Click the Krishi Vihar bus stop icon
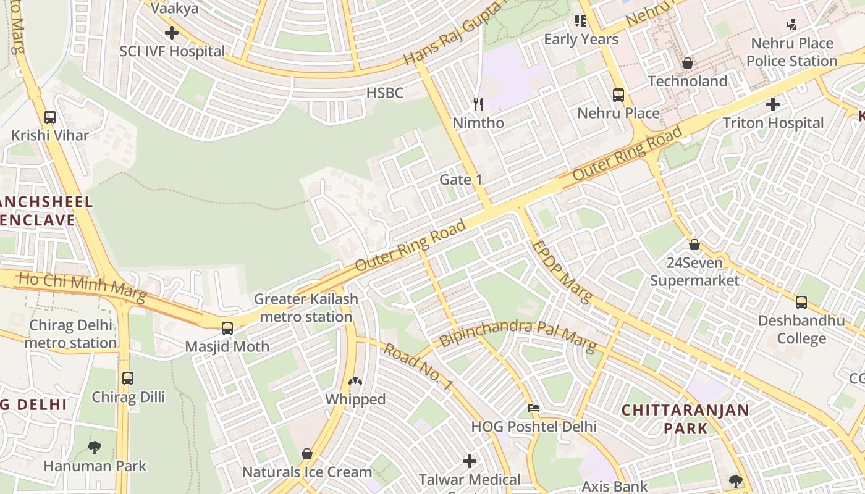coord(50,117)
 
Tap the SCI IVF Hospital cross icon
coord(172,33)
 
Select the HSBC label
coord(384,93)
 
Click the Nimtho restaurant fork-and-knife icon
coord(478,104)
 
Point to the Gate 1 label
coord(460,180)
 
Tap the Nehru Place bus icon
coord(618,95)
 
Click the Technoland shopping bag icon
coord(687,63)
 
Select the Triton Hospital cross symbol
coord(772,104)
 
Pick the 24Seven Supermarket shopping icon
coord(694,245)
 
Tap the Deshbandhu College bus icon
coord(801,303)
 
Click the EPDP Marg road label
coord(561,271)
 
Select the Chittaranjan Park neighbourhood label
coord(685,419)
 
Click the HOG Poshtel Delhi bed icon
coord(534,408)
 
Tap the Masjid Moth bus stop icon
coord(227,328)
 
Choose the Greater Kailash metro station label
coord(306,308)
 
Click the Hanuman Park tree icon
coord(95,447)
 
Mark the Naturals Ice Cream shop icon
coord(306,454)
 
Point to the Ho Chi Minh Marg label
coord(82,288)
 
